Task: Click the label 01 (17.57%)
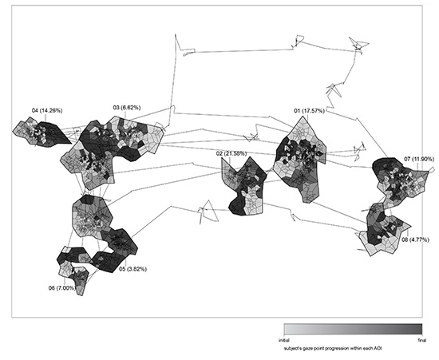click(x=309, y=111)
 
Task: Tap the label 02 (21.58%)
click(x=231, y=153)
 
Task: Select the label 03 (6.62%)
click(x=127, y=108)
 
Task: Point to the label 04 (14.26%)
click(x=47, y=111)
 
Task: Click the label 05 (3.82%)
click(x=132, y=269)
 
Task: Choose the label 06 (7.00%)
click(x=62, y=288)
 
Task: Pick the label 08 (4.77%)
click(x=415, y=239)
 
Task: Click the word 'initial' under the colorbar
click(x=284, y=340)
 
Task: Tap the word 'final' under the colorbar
click(x=422, y=340)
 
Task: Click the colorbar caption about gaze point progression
click(x=333, y=349)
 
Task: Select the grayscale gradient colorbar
click(x=353, y=329)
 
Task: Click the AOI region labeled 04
click(x=42, y=133)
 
